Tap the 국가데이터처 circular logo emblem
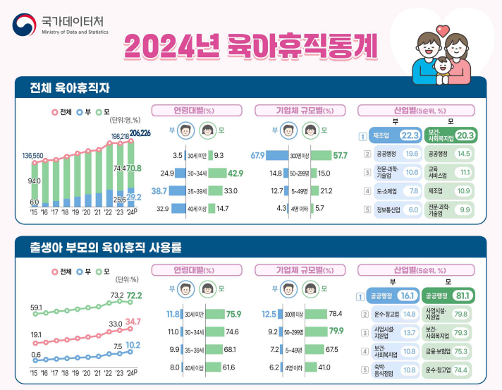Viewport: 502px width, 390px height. pyautogui.click(x=25, y=25)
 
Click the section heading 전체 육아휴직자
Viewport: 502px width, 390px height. pyautogui.click(x=74, y=88)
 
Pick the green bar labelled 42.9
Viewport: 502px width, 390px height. pyautogui.click(x=216, y=173)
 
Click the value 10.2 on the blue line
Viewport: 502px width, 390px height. pyautogui.click(x=134, y=346)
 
